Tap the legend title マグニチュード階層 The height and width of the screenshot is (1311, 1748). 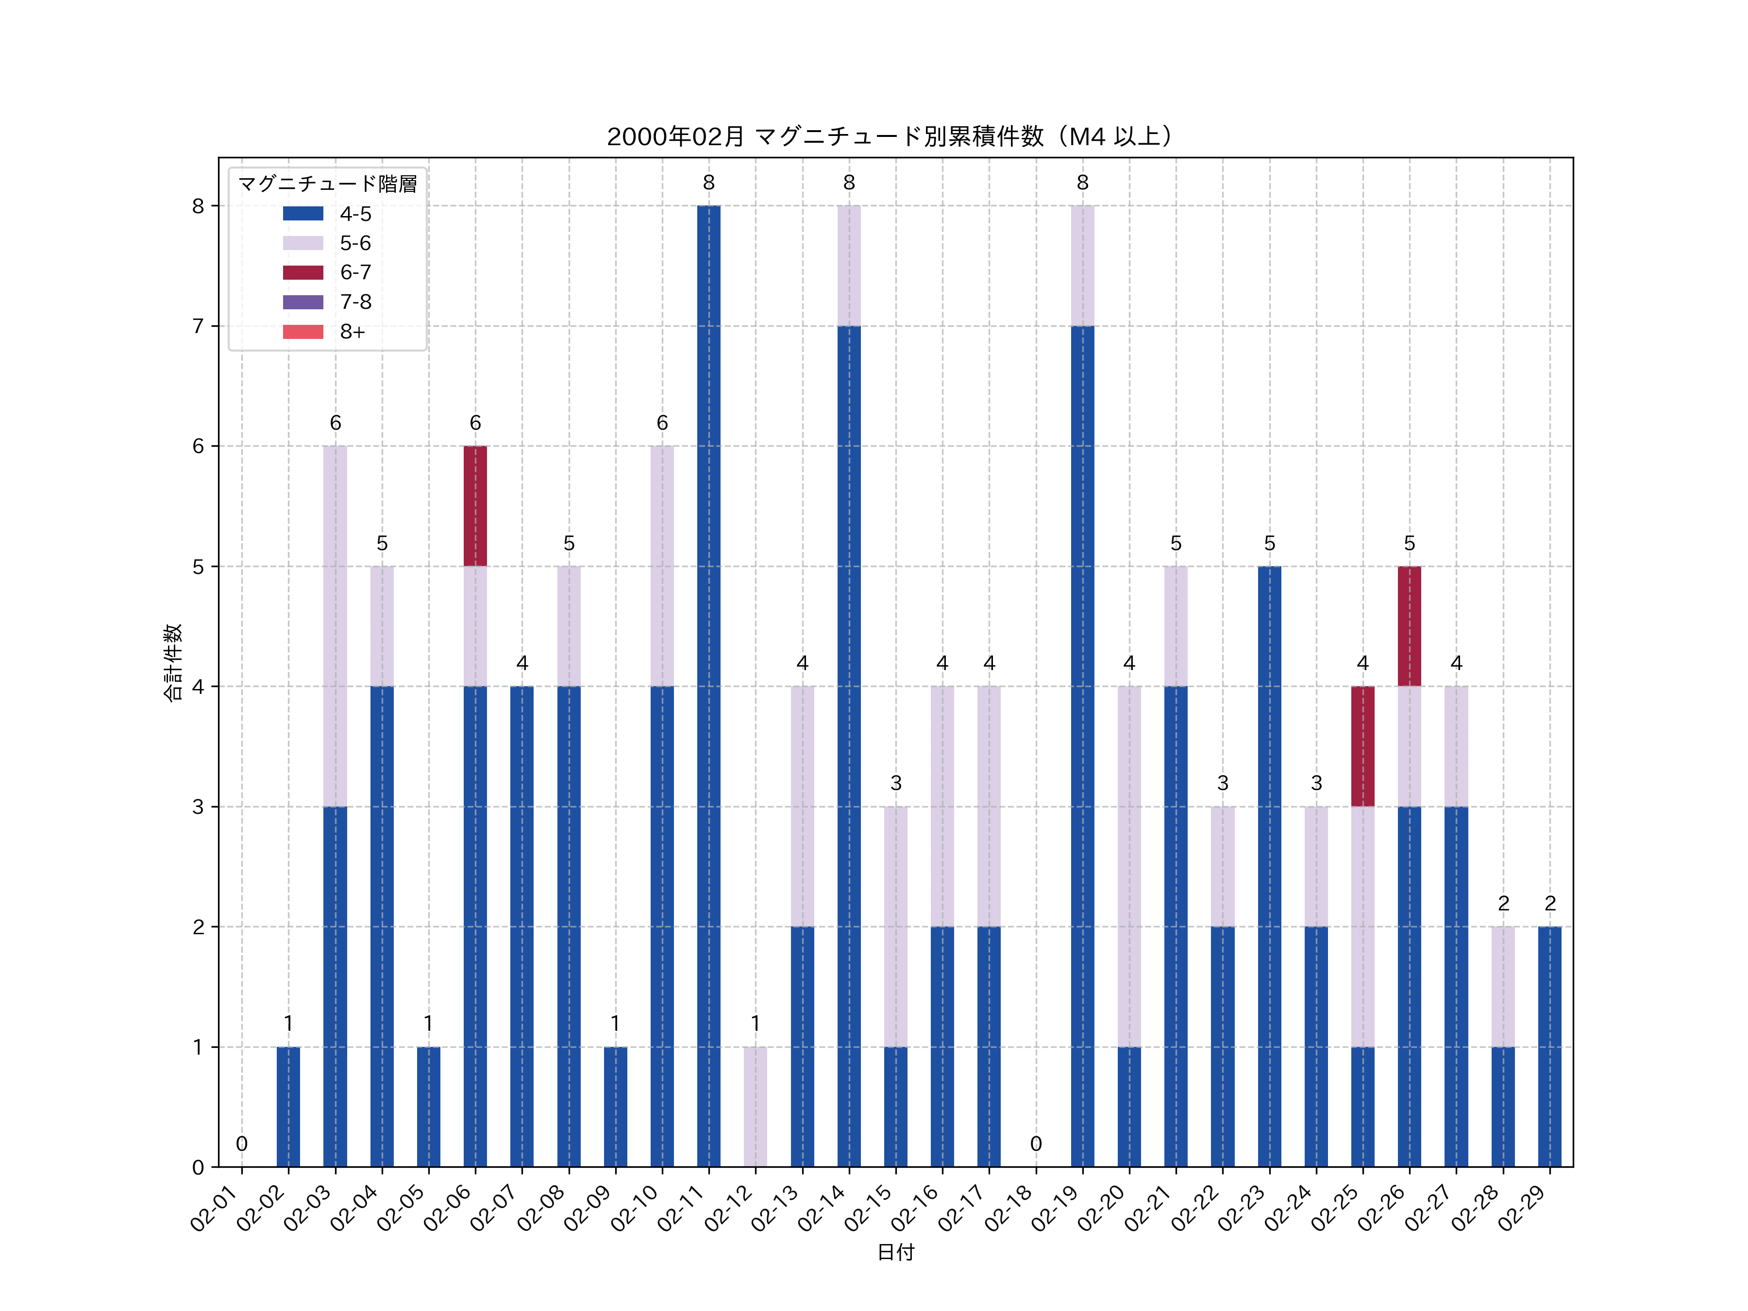327,184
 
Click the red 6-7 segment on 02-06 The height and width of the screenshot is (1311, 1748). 475,506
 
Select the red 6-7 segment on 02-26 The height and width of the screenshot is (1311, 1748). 1409,626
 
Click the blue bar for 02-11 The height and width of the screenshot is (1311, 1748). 709,686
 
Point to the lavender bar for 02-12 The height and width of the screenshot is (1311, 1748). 756,1106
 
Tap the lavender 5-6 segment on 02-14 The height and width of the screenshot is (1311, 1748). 849,266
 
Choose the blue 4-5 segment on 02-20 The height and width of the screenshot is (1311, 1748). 1129,1106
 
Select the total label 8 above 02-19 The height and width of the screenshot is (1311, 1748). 1083,183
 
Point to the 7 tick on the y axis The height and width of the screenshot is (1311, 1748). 198,326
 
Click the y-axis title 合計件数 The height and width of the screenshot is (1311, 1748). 173,662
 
